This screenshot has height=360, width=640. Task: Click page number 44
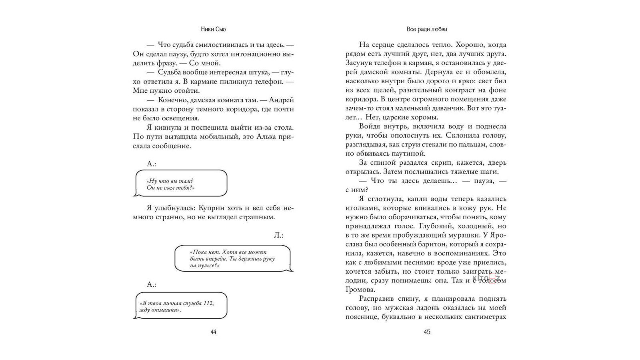pos(213,332)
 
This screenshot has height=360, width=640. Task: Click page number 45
pos(427,332)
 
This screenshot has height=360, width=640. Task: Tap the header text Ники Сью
pos(213,29)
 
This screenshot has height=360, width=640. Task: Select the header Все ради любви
pos(427,29)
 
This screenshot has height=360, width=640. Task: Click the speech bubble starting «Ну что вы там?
pos(180,184)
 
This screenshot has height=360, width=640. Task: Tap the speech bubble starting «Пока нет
pos(232,258)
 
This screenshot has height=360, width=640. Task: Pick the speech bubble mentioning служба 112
pos(180,306)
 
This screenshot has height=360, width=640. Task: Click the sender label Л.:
pos(278,235)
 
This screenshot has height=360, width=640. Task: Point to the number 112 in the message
pos(208,303)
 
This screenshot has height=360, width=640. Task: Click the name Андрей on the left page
pos(281,100)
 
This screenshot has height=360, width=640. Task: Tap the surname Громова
pos(360,290)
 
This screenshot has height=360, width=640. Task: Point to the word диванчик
pos(448,108)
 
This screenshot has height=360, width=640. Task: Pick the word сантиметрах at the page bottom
pos(486,317)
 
